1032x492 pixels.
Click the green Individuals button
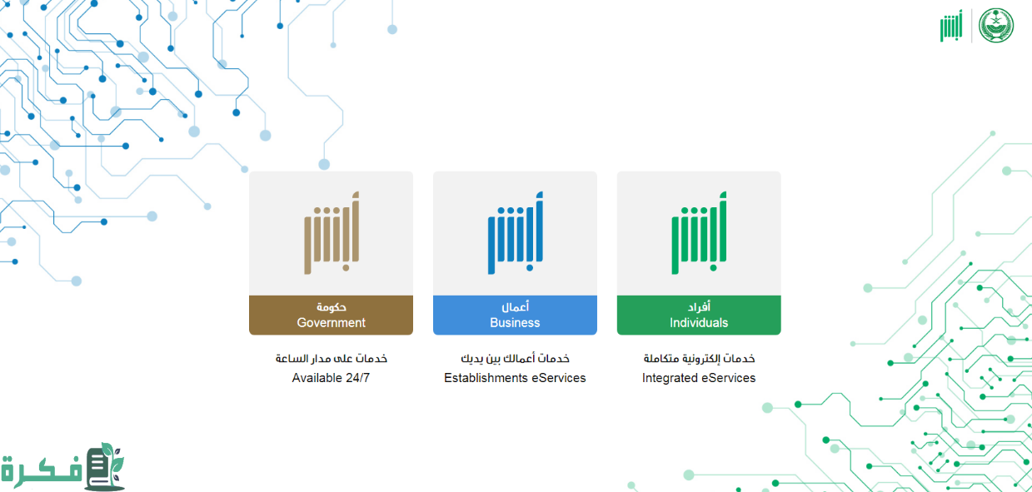[x=699, y=316]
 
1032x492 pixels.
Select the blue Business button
[x=515, y=316]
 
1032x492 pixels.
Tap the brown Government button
[x=331, y=316]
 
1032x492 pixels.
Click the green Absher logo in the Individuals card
[x=699, y=232]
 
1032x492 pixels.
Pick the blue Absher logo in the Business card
[x=515, y=232]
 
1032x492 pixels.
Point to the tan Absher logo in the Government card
[x=332, y=232]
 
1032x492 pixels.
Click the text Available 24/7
[x=331, y=378]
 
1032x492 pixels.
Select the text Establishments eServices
[x=515, y=378]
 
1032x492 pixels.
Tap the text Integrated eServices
[x=699, y=378]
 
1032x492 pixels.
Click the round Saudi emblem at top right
[x=996, y=25]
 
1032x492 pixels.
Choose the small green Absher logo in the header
[x=951, y=26]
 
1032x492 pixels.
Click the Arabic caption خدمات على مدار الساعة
[x=331, y=358]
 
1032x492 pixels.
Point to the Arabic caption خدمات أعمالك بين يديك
[x=515, y=358]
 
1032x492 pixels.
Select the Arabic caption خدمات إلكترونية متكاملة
[x=699, y=358]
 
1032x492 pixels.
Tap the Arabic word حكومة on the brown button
[x=331, y=307]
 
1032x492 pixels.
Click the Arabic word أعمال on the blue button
[x=515, y=307]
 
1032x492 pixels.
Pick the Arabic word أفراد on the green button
[x=699, y=307]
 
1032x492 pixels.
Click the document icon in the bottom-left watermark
[x=103, y=466]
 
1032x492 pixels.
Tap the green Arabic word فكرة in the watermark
[x=42, y=469]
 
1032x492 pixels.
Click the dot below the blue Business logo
[x=530, y=268]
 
